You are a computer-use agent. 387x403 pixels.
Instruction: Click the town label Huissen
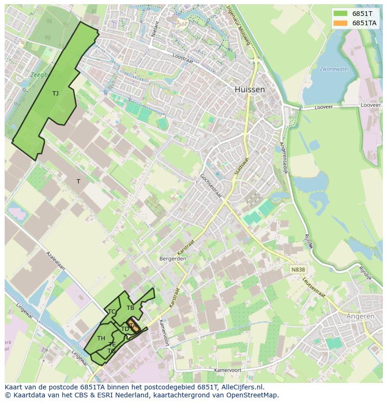tap(250, 89)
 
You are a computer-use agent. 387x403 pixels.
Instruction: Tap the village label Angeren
tap(360, 316)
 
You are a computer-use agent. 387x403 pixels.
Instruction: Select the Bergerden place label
tap(173, 258)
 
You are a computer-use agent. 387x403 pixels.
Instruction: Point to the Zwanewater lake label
tap(334, 69)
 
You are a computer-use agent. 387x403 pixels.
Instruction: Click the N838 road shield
tap(297, 270)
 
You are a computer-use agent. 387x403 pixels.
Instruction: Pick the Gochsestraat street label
tap(210, 186)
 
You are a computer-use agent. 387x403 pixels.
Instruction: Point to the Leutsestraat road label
tap(314, 286)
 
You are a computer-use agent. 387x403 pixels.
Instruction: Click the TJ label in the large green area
tap(55, 93)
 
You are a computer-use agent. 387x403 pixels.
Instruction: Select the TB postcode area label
tap(130, 308)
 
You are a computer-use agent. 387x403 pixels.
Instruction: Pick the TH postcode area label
tap(101, 338)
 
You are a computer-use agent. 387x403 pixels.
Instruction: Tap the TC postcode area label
tap(112, 311)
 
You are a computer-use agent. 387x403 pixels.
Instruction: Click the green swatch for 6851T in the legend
tap(341, 14)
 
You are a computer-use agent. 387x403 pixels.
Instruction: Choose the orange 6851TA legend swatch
tap(341, 23)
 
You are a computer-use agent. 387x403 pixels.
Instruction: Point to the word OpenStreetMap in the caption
tap(251, 395)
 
